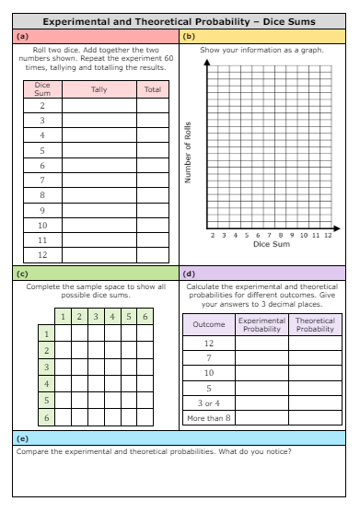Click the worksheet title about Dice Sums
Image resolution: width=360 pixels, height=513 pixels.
180,18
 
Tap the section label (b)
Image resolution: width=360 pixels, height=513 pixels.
190,36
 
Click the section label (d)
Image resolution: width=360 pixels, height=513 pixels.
190,274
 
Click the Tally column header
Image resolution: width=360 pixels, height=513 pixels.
99,89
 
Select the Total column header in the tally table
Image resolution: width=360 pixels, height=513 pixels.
152,89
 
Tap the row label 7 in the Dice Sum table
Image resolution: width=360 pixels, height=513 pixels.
42,181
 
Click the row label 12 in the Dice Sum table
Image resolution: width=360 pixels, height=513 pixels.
42,255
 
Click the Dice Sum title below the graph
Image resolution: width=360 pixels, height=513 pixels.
272,245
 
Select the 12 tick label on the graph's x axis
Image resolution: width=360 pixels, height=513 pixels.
327,235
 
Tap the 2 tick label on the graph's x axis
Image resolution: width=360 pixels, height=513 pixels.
213,235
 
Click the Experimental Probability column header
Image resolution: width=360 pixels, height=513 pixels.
261,324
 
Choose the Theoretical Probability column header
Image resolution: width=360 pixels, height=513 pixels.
315,324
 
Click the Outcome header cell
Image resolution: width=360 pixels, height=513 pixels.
208,324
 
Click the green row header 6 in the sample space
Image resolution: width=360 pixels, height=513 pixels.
46,416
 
